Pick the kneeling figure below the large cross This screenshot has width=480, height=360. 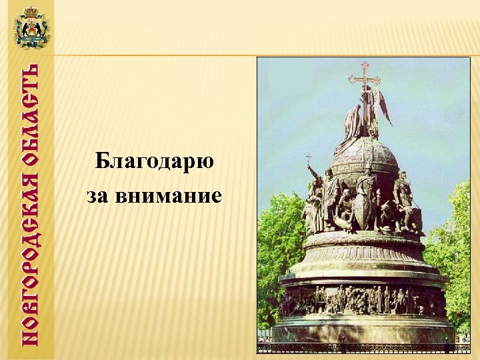353,123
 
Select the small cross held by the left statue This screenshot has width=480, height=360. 308,161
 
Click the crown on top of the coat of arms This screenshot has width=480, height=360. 31,11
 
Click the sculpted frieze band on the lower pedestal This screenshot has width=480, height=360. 363,301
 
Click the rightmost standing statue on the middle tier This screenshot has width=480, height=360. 404,200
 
